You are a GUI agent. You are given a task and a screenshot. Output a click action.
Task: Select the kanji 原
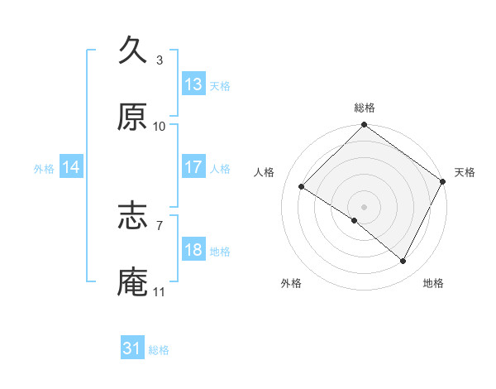coord(134,118)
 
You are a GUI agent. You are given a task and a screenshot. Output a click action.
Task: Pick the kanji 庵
coord(134,282)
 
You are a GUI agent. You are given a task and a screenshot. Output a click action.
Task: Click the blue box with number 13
coord(193,84)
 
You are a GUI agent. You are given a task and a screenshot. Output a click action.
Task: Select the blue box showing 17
coord(193,167)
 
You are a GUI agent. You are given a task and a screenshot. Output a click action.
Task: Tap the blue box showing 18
coord(193,250)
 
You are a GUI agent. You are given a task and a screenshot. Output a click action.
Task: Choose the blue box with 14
coord(71,167)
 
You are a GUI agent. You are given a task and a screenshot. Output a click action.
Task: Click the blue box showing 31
coord(132,349)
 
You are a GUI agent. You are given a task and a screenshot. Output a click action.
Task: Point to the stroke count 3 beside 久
coord(160,60)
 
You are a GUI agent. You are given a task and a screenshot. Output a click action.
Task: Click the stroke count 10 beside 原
coord(160,127)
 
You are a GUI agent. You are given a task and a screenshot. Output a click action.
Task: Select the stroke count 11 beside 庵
coord(160,292)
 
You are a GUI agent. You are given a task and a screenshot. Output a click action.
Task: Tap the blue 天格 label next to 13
coord(220,85)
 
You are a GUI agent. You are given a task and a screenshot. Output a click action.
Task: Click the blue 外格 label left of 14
coord(44,168)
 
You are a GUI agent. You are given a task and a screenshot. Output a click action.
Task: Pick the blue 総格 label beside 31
coord(159,350)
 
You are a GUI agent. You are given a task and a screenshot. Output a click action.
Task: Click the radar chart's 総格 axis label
coord(364,108)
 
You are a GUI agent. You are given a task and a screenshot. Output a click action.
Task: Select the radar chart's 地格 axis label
coord(433,283)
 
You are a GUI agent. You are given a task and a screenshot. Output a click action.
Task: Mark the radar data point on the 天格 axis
coord(443,181)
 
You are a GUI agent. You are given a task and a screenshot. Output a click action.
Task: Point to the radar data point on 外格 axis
coord(355,220)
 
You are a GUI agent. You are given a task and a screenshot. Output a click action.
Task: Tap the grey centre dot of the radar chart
coord(364,206)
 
